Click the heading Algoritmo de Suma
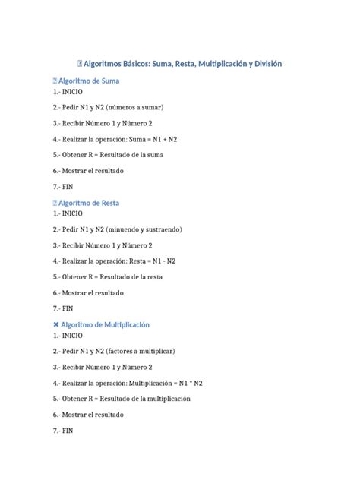(x=90, y=80)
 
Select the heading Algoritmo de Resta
(x=90, y=203)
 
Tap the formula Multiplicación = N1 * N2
(x=178, y=383)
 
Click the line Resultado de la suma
(x=132, y=155)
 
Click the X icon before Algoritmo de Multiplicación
(x=56, y=324)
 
